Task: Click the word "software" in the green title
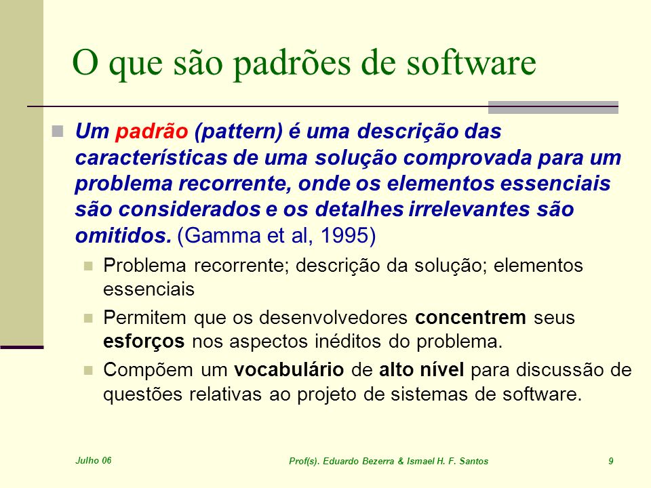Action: click(471, 62)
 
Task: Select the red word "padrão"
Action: click(152, 131)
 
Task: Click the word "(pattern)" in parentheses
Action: click(238, 131)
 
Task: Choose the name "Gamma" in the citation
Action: click(223, 235)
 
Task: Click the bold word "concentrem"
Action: click(471, 317)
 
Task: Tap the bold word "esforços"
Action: click(144, 342)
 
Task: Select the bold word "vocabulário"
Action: click(289, 369)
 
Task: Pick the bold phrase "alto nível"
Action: click(421, 369)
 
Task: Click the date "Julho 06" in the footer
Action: click(94, 460)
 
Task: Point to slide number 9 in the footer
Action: click(611, 461)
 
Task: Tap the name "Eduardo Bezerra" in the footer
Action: click(358, 461)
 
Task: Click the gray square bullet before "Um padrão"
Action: click(58, 131)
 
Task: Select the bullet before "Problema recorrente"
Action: click(88, 265)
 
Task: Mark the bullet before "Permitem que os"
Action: click(88, 318)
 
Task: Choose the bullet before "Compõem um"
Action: click(88, 370)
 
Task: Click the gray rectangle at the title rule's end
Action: click(553, 107)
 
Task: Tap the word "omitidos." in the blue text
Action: click(123, 235)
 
